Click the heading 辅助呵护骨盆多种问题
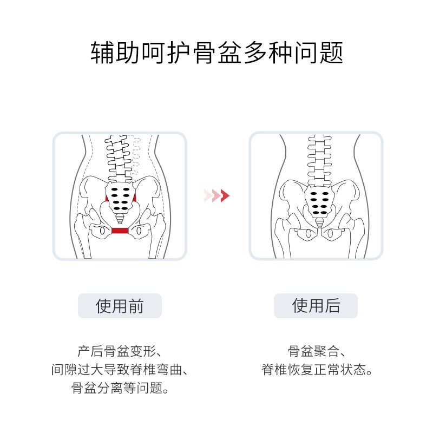click(216, 53)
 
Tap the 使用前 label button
click(120, 306)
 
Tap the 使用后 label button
click(316, 306)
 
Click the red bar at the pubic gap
click(120, 231)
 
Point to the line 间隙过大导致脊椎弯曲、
click(120, 370)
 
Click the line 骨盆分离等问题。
click(120, 389)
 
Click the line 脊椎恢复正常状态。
click(316, 370)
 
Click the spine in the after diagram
click(318, 157)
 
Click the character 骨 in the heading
click(204, 53)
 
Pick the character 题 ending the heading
click(331, 53)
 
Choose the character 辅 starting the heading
click(102, 53)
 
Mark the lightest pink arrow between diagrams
click(207, 195)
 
